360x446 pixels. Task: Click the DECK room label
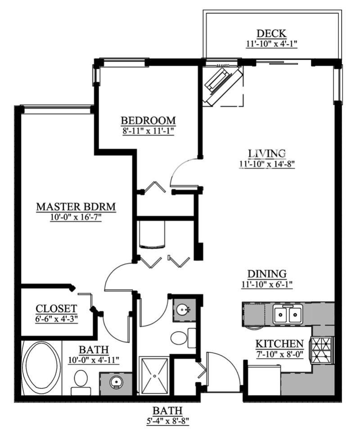pyautogui.click(x=271, y=33)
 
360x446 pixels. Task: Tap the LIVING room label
pyautogui.click(x=267, y=154)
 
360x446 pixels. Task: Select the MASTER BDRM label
pyautogui.click(x=76, y=206)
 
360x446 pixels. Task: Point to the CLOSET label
pyautogui.click(x=56, y=308)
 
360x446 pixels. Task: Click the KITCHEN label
pyautogui.click(x=279, y=344)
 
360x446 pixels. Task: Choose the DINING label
pyautogui.click(x=267, y=273)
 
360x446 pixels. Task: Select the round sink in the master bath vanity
pyautogui.click(x=116, y=382)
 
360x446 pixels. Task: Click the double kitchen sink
pyautogui.click(x=288, y=314)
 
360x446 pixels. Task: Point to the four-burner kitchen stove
pyautogui.click(x=322, y=350)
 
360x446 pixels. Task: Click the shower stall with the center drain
pyautogui.click(x=154, y=375)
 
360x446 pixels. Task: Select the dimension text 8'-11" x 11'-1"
pyautogui.click(x=148, y=132)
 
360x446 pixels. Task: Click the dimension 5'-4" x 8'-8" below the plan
pyautogui.click(x=168, y=421)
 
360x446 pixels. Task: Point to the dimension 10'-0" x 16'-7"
pyautogui.click(x=76, y=218)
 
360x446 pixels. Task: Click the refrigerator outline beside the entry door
pyautogui.click(x=264, y=380)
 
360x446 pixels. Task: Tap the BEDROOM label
pyautogui.click(x=148, y=120)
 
